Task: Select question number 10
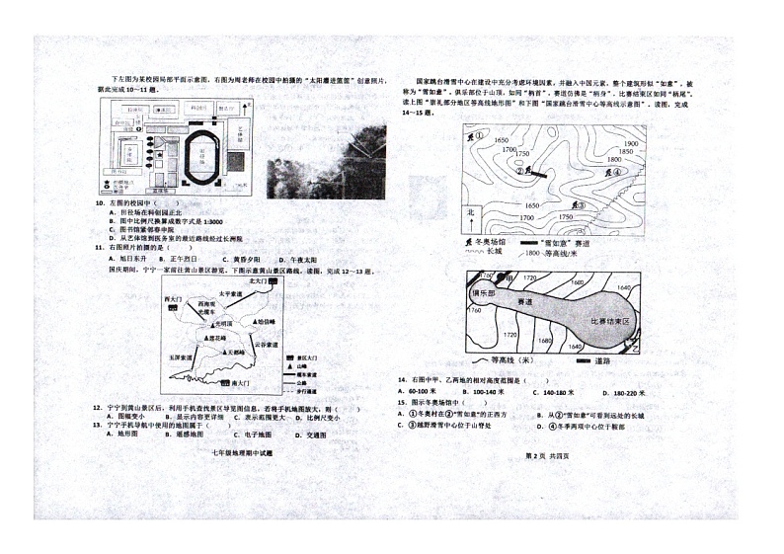(100, 204)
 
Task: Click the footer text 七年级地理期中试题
(242, 453)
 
